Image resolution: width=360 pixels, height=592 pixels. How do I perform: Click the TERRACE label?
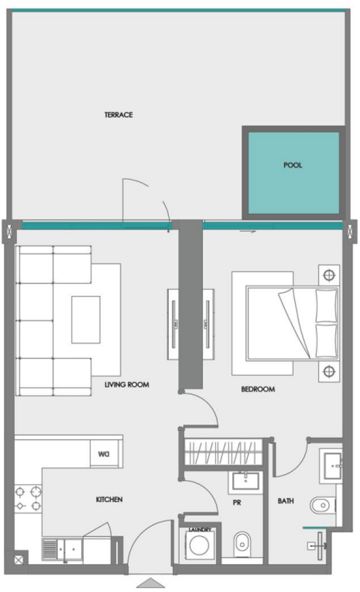tap(119, 115)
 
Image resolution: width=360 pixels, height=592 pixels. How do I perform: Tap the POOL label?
tap(293, 165)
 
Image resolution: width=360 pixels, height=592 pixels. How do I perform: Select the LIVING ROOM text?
tap(127, 385)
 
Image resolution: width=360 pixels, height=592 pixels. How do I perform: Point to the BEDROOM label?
tap(258, 390)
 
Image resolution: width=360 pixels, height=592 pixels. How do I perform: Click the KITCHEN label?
tap(109, 500)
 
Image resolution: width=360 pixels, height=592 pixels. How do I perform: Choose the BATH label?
tap(285, 500)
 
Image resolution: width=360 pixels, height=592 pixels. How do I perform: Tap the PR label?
tap(237, 502)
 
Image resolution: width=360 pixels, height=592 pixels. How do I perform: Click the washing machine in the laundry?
tap(200, 547)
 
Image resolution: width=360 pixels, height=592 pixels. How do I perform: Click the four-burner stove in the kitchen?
tap(28, 498)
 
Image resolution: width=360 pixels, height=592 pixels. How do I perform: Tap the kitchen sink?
tap(61, 548)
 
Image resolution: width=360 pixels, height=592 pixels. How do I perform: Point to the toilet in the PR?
tap(241, 544)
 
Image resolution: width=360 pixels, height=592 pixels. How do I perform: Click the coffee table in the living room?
tap(86, 320)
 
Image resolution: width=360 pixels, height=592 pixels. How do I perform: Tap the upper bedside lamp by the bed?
tap(329, 275)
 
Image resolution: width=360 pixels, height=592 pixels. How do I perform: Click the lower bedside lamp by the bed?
tap(329, 371)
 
